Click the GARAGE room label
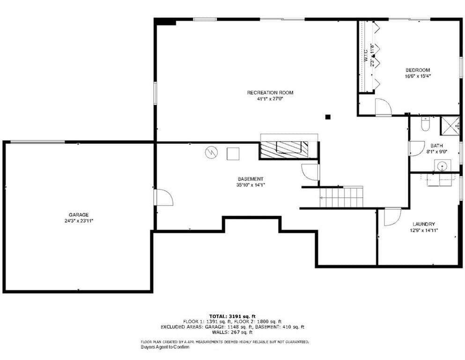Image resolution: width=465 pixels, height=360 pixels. click(79, 215)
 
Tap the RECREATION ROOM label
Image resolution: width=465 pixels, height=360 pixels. click(270, 93)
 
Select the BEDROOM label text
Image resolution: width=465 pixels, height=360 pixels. click(418, 70)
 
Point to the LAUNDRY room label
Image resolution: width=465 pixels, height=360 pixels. click(424, 224)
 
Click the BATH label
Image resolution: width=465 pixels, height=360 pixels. click(436, 146)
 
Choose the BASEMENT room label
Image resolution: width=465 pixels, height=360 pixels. click(250, 179)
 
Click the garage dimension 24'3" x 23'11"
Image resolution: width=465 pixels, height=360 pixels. click(79, 221)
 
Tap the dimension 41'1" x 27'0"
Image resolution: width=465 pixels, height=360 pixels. click(270, 98)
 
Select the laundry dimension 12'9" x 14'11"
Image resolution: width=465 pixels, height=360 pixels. click(424, 230)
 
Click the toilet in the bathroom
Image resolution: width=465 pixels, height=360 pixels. click(425, 124)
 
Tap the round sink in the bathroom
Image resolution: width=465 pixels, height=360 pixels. click(443, 165)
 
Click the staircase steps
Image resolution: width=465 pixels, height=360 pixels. click(341, 197)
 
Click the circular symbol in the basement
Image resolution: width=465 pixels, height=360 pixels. click(211, 152)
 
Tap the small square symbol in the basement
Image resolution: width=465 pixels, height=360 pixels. click(233, 153)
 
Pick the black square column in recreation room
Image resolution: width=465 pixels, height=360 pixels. click(328, 117)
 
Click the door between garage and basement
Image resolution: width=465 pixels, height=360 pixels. click(163, 197)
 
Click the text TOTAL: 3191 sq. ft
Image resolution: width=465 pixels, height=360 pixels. click(232, 316)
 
